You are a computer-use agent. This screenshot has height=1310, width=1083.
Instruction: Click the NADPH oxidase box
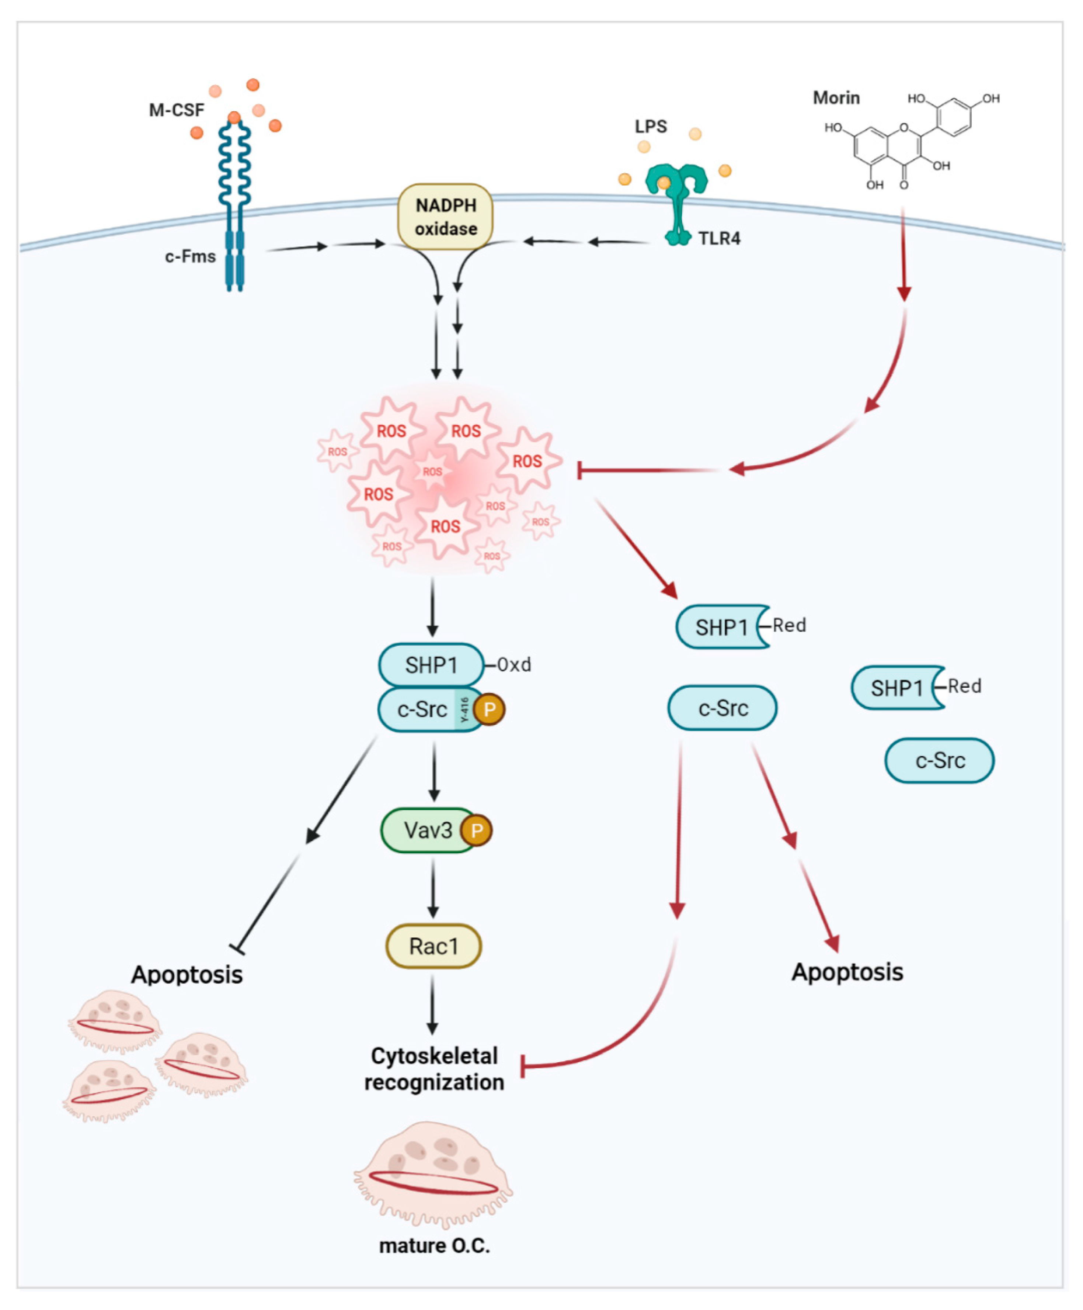(445, 217)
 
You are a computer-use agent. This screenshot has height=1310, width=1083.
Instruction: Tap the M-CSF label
(177, 110)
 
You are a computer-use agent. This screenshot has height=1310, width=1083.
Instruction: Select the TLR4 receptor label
(719, 238)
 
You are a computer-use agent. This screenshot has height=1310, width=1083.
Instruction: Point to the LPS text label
(650, 127)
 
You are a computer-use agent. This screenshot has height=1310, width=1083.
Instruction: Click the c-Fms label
(190, 256)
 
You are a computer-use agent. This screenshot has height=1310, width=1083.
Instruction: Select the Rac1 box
(433, 946)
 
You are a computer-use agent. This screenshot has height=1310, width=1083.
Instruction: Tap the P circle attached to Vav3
(476, 830)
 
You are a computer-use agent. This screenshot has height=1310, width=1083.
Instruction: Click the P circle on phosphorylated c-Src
(490, 709)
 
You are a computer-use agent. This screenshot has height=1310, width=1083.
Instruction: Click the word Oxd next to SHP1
(514, 665)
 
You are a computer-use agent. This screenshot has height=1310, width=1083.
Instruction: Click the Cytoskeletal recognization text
(434, 1069)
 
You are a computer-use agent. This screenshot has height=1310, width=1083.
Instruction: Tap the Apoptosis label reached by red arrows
(847, 972)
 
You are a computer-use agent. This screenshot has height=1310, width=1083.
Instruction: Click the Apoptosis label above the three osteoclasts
(187, 974)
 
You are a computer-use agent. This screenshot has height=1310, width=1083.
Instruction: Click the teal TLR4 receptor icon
(676, 200)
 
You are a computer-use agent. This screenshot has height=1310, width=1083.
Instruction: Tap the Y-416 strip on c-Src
(464, 709)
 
